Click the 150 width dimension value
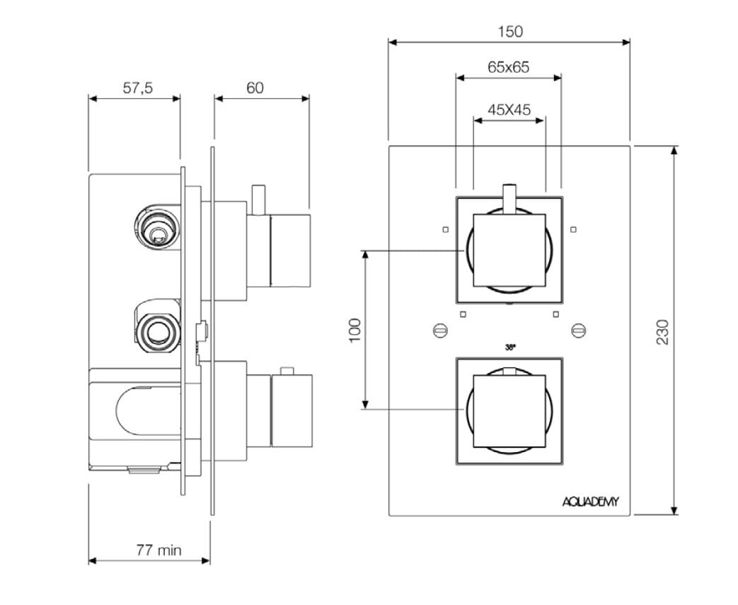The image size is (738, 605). coord(509,31)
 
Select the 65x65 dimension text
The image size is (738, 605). coord(508,67)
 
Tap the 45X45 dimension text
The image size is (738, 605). coord(509,110)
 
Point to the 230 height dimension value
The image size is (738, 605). coord(662,331)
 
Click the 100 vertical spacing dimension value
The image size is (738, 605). coord(354,329)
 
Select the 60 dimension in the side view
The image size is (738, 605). coord(255,88)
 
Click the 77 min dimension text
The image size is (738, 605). coord(158,550)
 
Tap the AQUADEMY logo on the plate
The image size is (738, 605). coord(590,502)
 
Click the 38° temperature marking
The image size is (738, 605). coord(509,347)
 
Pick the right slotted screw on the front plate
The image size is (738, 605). coord(578,330)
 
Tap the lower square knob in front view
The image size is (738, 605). coord(509,409)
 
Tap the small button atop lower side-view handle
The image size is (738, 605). coord(287,371)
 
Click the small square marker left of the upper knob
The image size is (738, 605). coord(444,229)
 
